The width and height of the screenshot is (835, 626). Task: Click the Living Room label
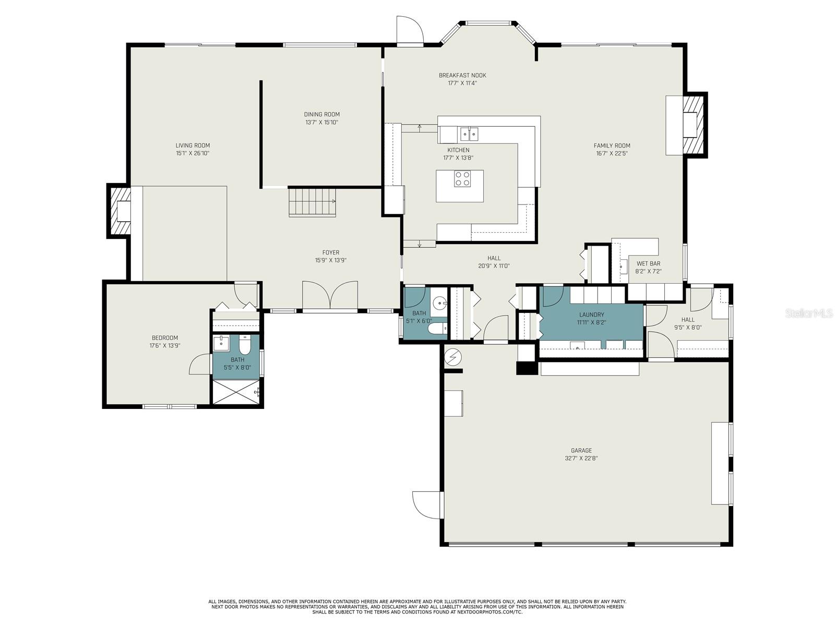[x=193, y=146]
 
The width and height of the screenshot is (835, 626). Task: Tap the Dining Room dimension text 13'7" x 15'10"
[x=322, y=123]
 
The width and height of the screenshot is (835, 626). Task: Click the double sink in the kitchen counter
[x=469, y=135]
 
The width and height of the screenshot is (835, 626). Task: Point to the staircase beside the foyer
[x=313, y=202]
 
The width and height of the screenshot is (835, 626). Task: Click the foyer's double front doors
[x=330, y=296]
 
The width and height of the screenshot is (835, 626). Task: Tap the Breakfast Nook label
[x=462, y=75]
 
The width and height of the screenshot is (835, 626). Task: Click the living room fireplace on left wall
[x=120, y=211]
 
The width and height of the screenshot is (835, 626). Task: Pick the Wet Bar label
[x=648, y=264]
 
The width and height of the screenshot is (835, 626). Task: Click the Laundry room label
[x=591, y=315]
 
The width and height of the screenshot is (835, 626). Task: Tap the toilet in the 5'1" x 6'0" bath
[x=436, y=329]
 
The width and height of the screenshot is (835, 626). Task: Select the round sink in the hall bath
[x=439, y=302]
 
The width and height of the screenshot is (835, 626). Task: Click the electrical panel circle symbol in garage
[x=452, y=357]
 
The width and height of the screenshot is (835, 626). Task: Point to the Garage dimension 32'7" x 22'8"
[x=581, y=459]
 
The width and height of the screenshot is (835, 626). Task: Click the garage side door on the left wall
[x=427, y=504]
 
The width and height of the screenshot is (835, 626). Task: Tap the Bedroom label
[x=165, y=338]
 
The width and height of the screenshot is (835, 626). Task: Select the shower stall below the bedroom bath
[x=235, y=392]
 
